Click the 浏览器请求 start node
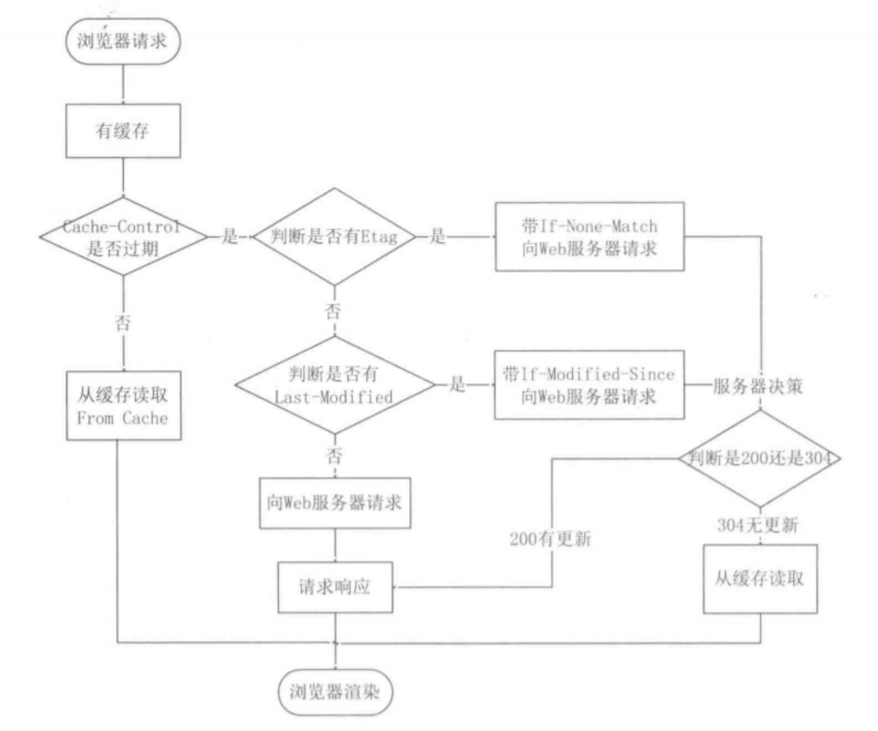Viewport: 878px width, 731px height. click(x=122, y=41)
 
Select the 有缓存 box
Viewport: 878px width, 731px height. click(x=122, y=131)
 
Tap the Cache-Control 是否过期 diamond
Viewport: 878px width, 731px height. click(x=122, y=237)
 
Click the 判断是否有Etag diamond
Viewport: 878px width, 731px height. click(x=334, y=236)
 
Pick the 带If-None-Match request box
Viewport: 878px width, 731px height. click(x=589, y=236)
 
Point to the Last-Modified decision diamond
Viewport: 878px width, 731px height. click(x=334, y=385)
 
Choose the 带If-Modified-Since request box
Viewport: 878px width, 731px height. click(x=589, y=385)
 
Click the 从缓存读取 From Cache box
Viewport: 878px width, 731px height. click(x=123, y=406)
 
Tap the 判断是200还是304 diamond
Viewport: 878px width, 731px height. click(x=759, y=459)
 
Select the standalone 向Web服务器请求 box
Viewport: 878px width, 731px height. click(x=335, y=503)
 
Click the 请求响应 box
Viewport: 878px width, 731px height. click(x=335, y=587)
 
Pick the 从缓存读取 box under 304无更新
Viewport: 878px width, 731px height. click(x=759, y=579)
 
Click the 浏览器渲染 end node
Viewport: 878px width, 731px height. click(x=335, y=692)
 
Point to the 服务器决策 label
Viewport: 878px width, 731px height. click(x=758, y=386)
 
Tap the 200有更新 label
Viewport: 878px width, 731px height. click(x=550, y=539)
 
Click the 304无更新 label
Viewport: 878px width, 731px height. click(x=758, y=525)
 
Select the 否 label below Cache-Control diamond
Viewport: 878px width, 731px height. click(x=123, y=322)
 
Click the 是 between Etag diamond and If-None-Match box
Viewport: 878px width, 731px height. click(x=438, y=236)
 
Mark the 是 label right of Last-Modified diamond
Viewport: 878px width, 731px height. click(x=458, y=384)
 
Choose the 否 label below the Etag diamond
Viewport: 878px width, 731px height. click(x=333, y=311)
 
